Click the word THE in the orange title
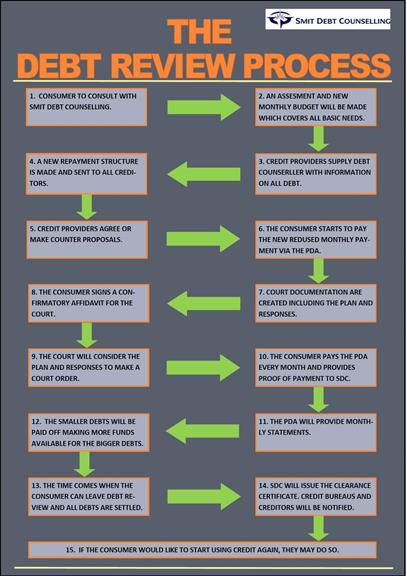(x=199, y=32)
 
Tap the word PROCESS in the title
(x=317, y=65)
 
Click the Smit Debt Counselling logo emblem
(x=280, y=19)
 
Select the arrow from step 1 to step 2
(x=204, y=107)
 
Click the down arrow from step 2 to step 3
(x=318, y=138)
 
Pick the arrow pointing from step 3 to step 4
(x=204, y=174)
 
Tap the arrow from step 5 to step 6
(x=203, y=239)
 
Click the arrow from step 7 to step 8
(x=204, y=303)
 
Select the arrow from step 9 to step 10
(x=203, y=367)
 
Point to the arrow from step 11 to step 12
(x=203, y=431)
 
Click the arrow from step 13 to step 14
(x=204, y=496)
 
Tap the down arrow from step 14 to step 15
(x=318, y=528)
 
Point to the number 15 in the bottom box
(x=70, y=550)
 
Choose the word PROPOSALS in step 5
(x=104, y=240)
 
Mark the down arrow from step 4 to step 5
(x=87, y=207)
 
